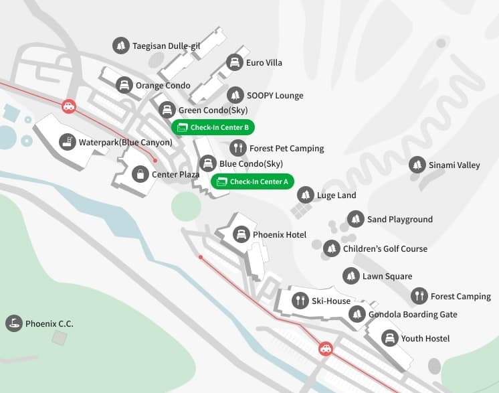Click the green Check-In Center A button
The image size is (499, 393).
(x=252, y=181)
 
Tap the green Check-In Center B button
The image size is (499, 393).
(x=213, y=127)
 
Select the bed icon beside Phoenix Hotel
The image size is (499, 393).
(x=240, y=234)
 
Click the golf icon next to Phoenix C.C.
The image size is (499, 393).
(x=13, y=323)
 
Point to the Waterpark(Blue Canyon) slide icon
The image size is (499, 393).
(x=66, y=142)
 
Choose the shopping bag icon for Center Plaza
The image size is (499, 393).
(x=139, y=174)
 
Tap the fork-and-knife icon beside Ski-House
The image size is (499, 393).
(x=300, y=301)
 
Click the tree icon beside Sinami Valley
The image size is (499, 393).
(x=417, y=165)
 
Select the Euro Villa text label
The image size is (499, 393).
(x=264, y=63)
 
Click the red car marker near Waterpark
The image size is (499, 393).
(x=68, y=106)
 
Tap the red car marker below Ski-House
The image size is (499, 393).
(x=325, y=348)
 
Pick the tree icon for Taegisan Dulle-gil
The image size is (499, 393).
(x=120, y=46)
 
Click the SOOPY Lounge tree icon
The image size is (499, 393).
(x=235, y=95)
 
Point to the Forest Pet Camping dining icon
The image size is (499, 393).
(x=237, y=148)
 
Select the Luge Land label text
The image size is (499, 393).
(x=336, y=195)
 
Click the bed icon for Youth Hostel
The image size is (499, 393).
(x=389, y=338)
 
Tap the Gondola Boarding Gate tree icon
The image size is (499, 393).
(x=358, y=314)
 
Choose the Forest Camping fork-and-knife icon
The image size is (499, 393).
(x=419, y=296)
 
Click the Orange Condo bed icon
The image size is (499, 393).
(x=123, y=85)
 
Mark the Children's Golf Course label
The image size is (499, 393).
(x=385, y=248)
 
